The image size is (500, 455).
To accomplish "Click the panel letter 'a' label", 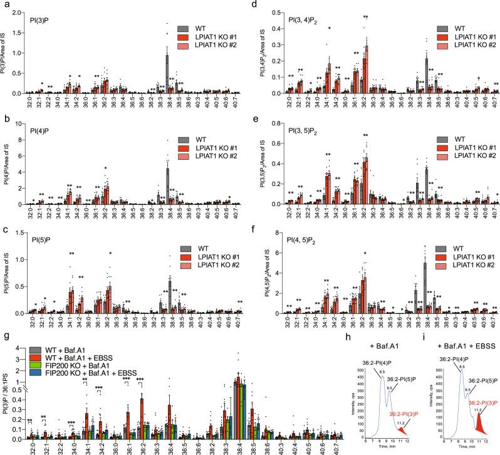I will (4, 5).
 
